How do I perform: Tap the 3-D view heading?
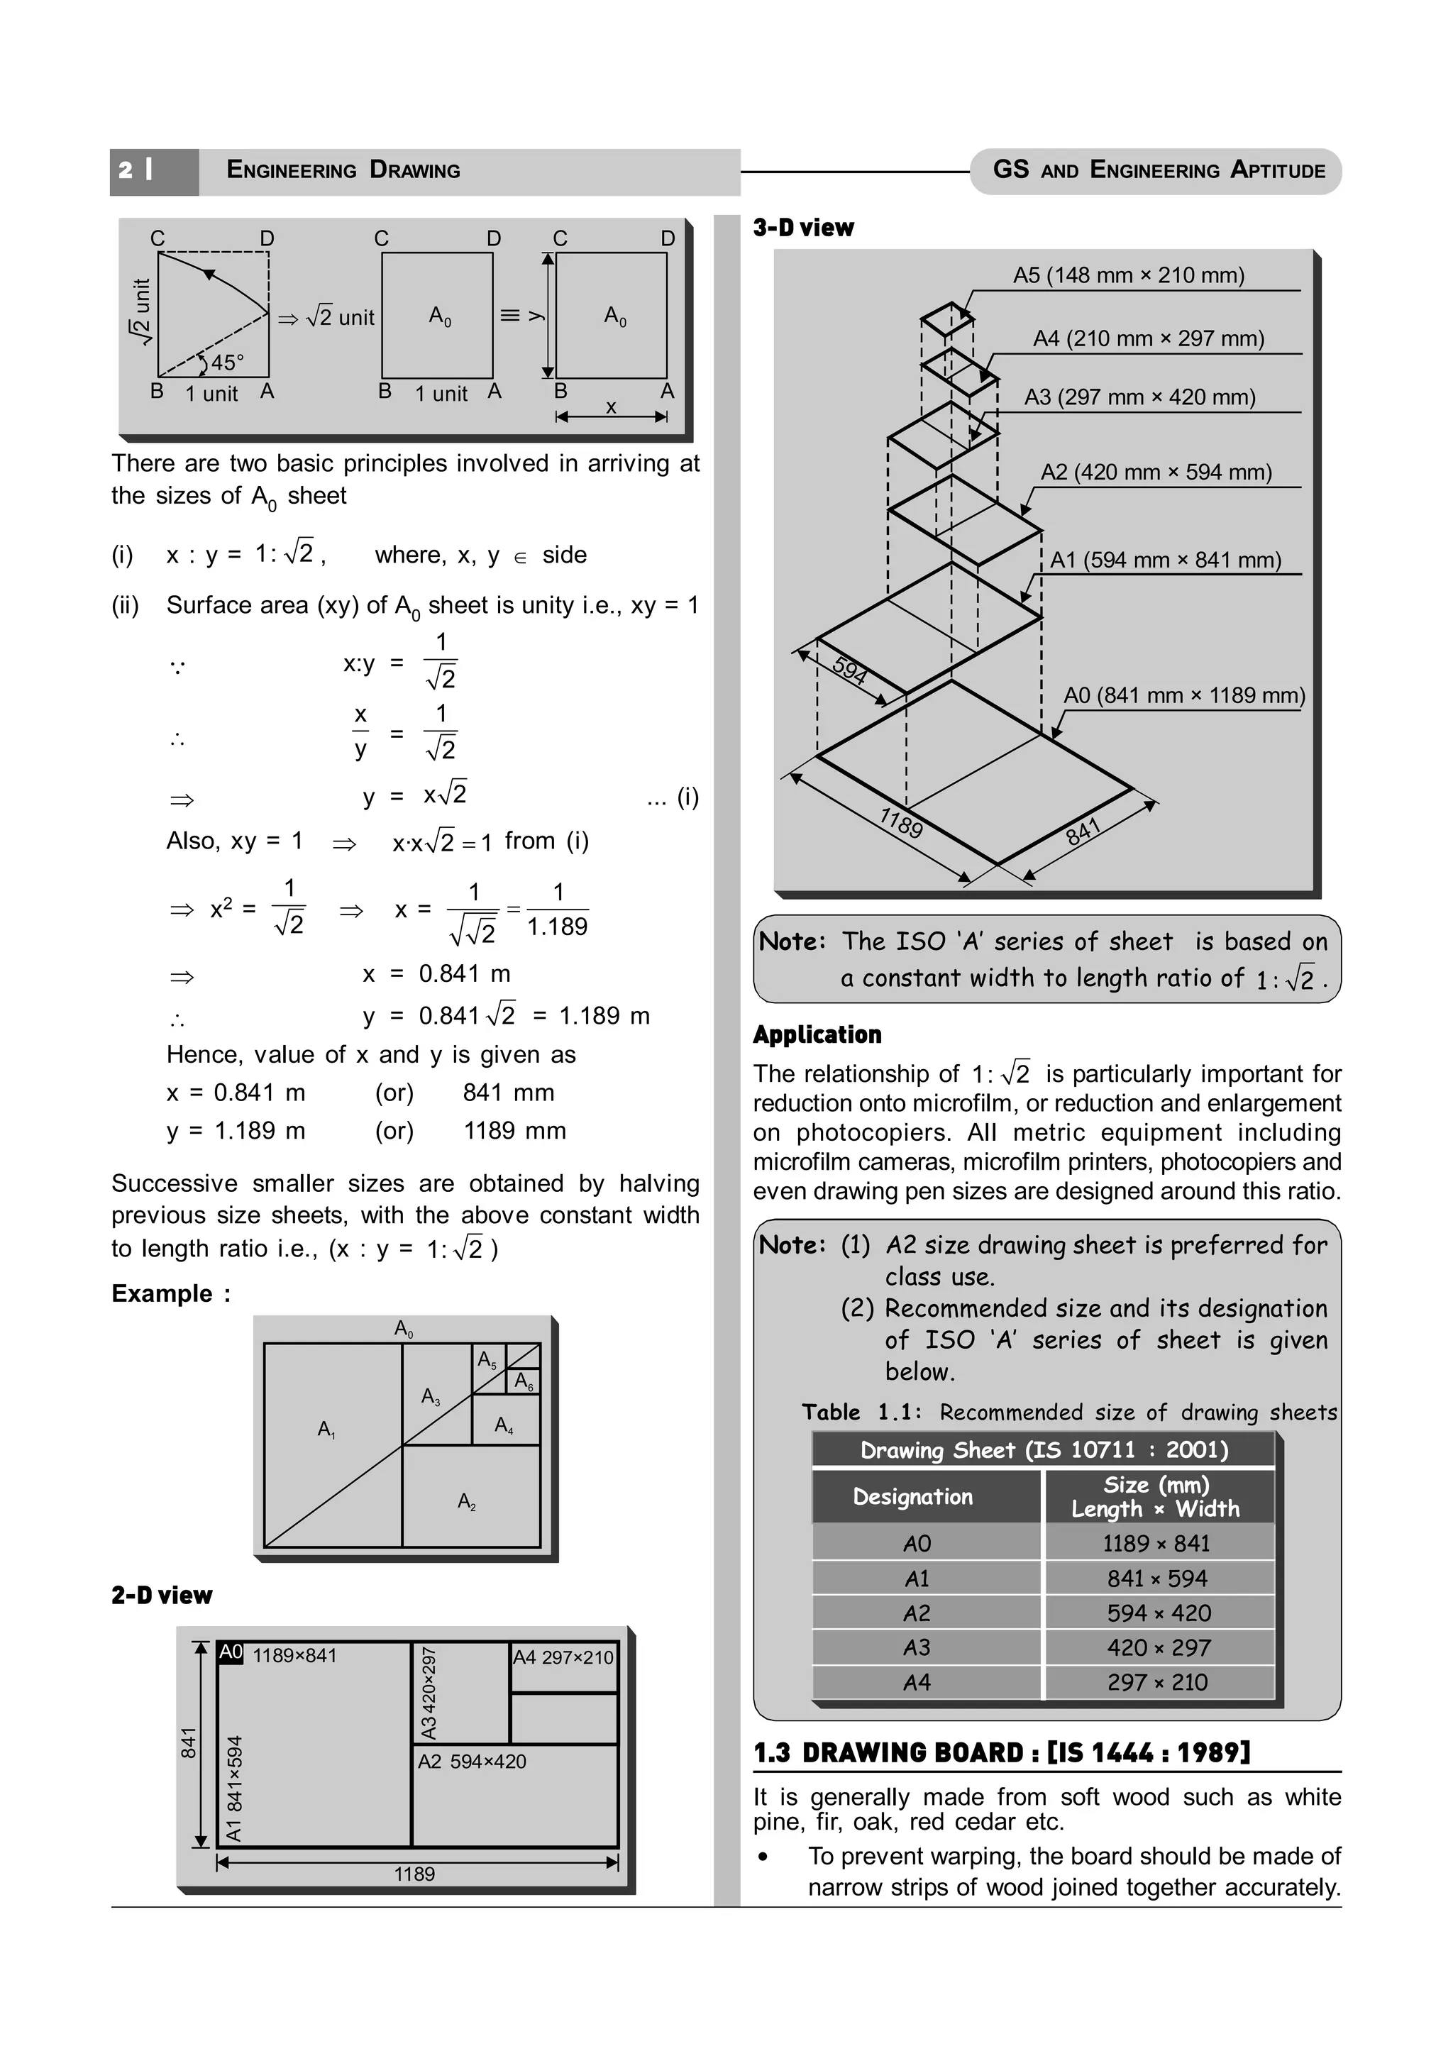803,228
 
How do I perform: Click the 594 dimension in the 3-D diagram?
849,670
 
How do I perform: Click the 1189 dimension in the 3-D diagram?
900,822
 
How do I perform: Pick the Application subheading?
817,1034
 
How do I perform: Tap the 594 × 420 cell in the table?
1159,1613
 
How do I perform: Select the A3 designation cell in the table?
917,1647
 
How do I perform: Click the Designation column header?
912,1496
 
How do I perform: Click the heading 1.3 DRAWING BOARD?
1001,1752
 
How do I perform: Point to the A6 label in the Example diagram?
524,1382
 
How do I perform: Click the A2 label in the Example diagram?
466,1502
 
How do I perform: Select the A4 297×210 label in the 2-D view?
563,1657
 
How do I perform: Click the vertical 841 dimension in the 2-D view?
189,1742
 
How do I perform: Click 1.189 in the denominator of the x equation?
557,927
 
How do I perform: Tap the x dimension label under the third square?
611,407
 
